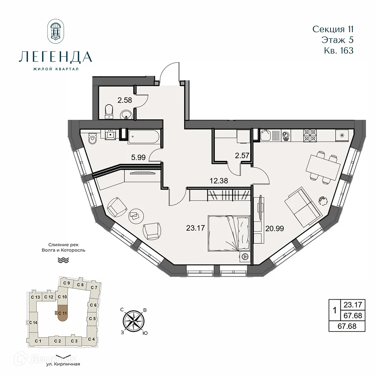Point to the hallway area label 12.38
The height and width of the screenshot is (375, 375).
point(219,181)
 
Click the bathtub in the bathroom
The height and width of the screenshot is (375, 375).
point(143,137)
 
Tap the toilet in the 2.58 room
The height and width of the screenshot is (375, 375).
point(108,111)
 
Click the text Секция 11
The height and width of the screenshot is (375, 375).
point(333,29)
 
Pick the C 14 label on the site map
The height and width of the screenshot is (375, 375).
point(33,322)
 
